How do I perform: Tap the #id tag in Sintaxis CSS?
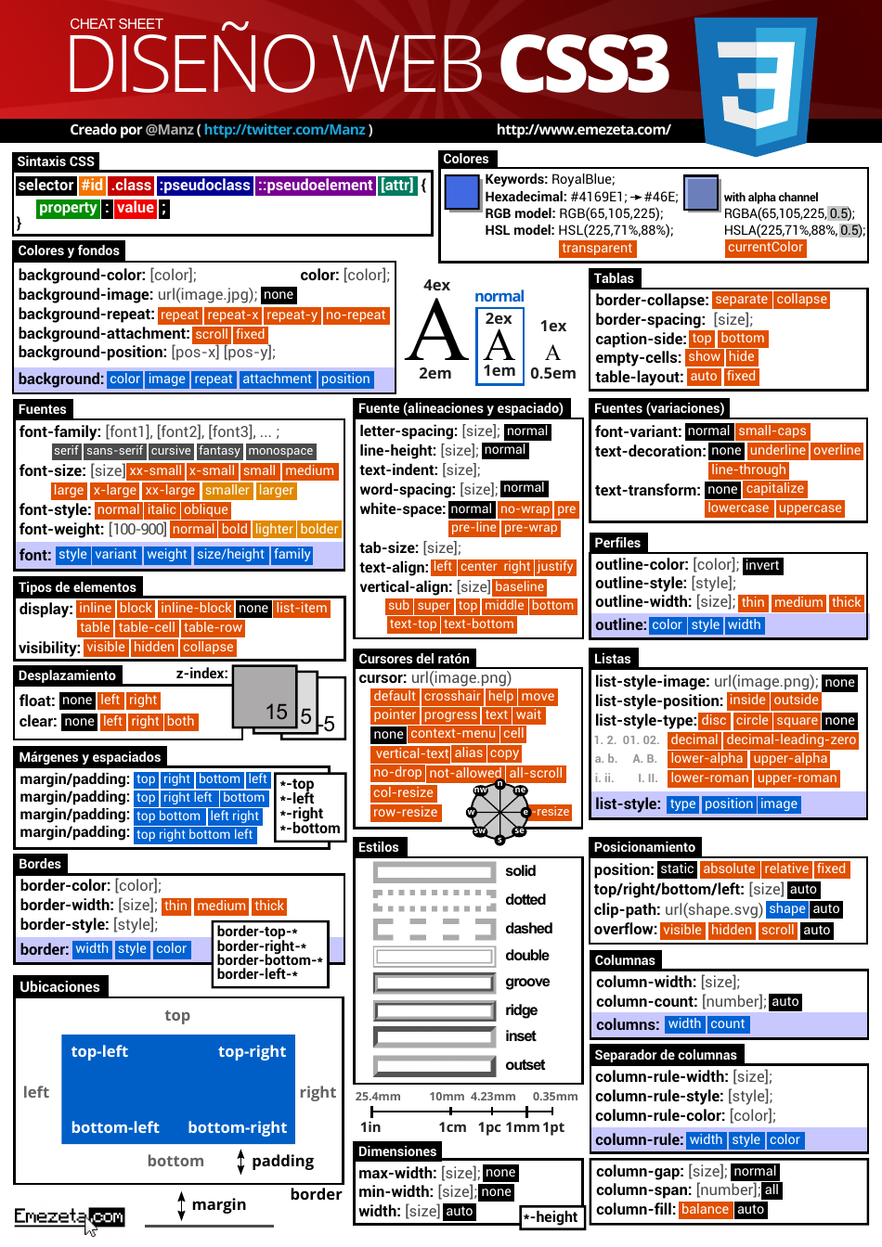click(x=92, y=186)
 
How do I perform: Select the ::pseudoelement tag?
click(x=316, y=186)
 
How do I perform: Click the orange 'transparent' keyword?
click(x=597, y=248)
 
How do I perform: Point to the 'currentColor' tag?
click(x=765, y=248)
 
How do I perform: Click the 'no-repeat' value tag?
click(x=356, y=315)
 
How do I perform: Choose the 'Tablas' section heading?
click(x=614, y=278)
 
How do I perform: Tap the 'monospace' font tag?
click(x=280, y=451)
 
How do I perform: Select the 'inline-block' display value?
click(x=196, y=609)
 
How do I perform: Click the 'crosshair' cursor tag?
click(x=452, y=697)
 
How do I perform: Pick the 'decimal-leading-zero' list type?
click(x=791, y=740)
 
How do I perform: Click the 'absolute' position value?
click(x=729, y=869)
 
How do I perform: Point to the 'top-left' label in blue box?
click(x=99, y=1052)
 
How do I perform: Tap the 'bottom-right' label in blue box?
click(x=238, y=1128)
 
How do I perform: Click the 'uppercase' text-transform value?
click(x=810, y=508)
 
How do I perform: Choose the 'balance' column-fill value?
click(x=705, y=1210)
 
